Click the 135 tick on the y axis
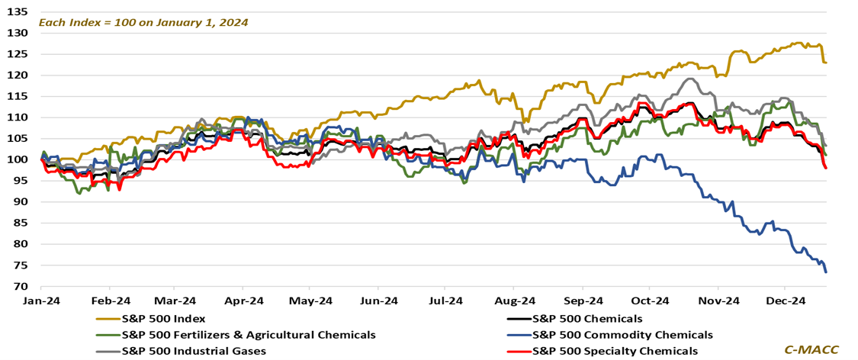click(x=18, y=12)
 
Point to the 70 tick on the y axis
click(x=21, y=287)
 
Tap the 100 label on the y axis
click(x=18, y=159)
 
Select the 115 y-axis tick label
click(x=18, y=96)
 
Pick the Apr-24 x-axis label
click(x=243, y=301)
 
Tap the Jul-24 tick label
click(x=446, y=301)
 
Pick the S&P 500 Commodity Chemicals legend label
click(x=622, y=335)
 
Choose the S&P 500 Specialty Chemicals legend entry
click(x=615, y=351)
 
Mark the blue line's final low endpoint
click(x=827, y=272)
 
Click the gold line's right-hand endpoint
click(x=827, y=63)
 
